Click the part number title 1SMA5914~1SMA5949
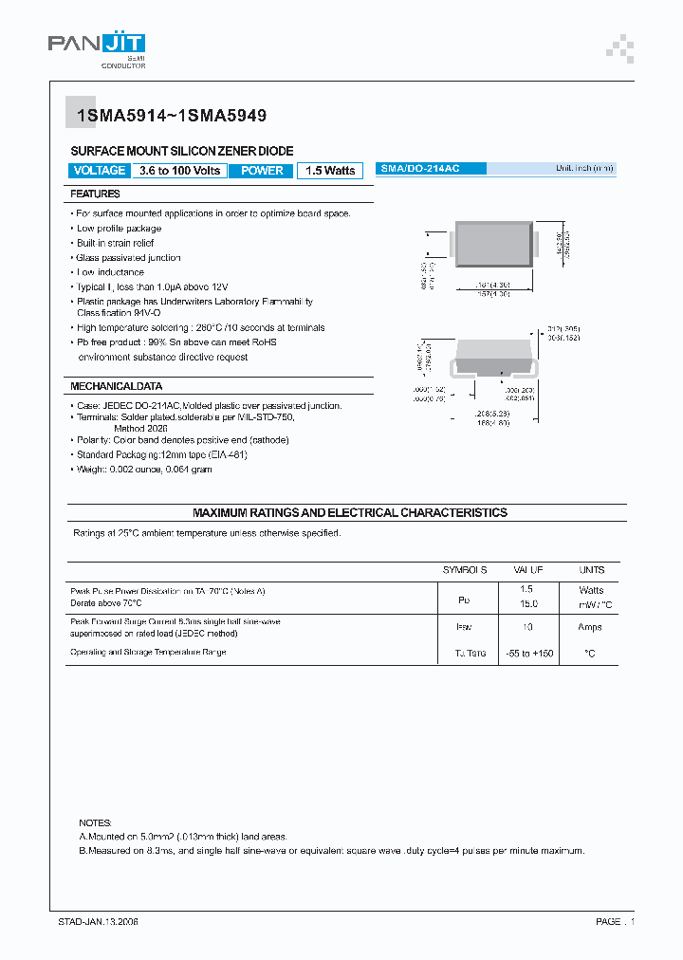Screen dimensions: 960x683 [166, 116]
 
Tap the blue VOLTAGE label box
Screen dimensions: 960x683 [99, 171]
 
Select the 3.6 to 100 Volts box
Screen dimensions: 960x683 [179, 171]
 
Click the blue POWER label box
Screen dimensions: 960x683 [262, 171]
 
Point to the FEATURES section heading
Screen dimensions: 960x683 [95, 194]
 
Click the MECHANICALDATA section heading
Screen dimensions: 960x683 [116, 387]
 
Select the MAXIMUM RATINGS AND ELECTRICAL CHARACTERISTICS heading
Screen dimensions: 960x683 [350, 512]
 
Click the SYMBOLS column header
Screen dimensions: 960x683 [465, 570]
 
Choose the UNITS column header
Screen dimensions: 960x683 [591, 570]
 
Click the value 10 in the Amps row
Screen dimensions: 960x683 [528, 627]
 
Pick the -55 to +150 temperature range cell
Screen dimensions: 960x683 [528, 653]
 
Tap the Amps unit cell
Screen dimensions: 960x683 [591, 627]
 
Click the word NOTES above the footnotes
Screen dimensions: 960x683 [96, 822]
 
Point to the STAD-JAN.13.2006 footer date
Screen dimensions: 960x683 [98, 921]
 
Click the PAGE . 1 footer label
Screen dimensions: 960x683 [615, 921]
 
